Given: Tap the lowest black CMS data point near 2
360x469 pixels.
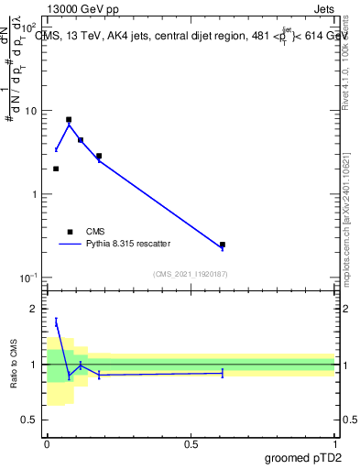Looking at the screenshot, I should pyautogui.click(x=56, y=169).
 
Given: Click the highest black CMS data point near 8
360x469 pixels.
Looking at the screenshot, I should pyautogui.click(x=69, y=120).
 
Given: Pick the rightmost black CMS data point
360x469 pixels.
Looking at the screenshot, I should pyautogui.click(x=223, y=245).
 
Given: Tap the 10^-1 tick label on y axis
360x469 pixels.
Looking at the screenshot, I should pyautogui.click(x=29, y=277).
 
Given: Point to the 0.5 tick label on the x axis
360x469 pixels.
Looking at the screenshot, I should pyautogui.click(x=191, y=443).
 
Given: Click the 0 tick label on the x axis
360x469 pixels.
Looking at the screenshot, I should pyautogui.click(x=47, y=443).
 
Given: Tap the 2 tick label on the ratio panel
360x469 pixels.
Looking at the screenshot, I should pyautogui.click(x=36, y=310).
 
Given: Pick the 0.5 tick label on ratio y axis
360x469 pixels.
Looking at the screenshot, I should pyautogui.click(x=31, y=420).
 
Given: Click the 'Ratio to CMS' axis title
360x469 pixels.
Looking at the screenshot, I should pyautogui.click(x=13, y=364).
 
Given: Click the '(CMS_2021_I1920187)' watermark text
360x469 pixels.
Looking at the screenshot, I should pyautogui.click(x=191, y=274).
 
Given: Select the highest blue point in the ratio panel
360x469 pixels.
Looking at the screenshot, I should pyautogui.click(x=56, y=322).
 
